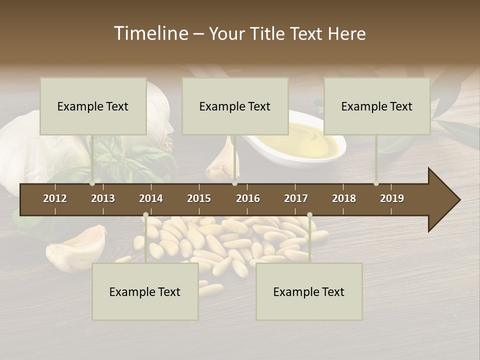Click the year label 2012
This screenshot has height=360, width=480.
[55, 198]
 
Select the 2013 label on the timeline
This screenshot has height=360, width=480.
[103, 198]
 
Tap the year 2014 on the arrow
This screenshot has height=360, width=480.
[151, 198]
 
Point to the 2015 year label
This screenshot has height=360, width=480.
[199, 198]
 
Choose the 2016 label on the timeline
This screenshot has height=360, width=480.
[248, 198]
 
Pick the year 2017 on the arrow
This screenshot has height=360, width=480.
[296, 198]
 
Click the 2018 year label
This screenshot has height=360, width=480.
[344, 198]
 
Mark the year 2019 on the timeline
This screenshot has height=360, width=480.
[392, 198]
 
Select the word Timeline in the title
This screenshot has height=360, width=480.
[151, 33]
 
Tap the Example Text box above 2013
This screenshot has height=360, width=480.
[93, 106]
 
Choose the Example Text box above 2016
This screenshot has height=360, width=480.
[235, 106]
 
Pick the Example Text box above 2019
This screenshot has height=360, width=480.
[377, 106]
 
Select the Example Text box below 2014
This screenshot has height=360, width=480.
[145, 291]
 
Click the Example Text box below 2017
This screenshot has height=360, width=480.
[309, 291]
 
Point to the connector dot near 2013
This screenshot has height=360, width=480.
[92, 183]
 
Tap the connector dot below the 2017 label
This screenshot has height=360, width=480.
[309, 215]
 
